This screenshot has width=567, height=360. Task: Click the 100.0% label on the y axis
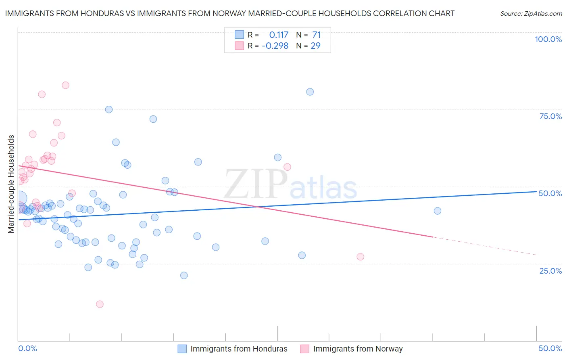coord(548,39)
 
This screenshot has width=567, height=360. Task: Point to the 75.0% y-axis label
coord(550,116)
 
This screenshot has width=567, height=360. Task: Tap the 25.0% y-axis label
coord(550,271)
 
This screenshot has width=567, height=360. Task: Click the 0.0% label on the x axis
coord(27,348)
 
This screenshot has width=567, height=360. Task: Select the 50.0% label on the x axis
coord(550,348)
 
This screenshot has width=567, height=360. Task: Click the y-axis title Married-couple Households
coord(11,184)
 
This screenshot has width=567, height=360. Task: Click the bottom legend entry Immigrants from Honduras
coord(239,349)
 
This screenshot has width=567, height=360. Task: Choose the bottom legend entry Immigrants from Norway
coord(358,349)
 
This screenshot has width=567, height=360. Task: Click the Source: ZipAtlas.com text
coord(531,13)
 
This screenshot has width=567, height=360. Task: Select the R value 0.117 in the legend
coord(279,35)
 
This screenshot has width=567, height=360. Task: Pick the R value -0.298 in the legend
coord(275,46)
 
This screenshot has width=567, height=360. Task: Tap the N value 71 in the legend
coord(316,35)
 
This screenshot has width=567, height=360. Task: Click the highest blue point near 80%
coord(310,92)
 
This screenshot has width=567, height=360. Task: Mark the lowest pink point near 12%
coord(100,304)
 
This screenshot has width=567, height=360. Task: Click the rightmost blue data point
coord(437,211)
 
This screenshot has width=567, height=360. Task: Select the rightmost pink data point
coord(360,257)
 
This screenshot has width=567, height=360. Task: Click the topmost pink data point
coord(65,85)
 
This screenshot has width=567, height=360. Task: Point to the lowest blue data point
coord(184,276)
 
